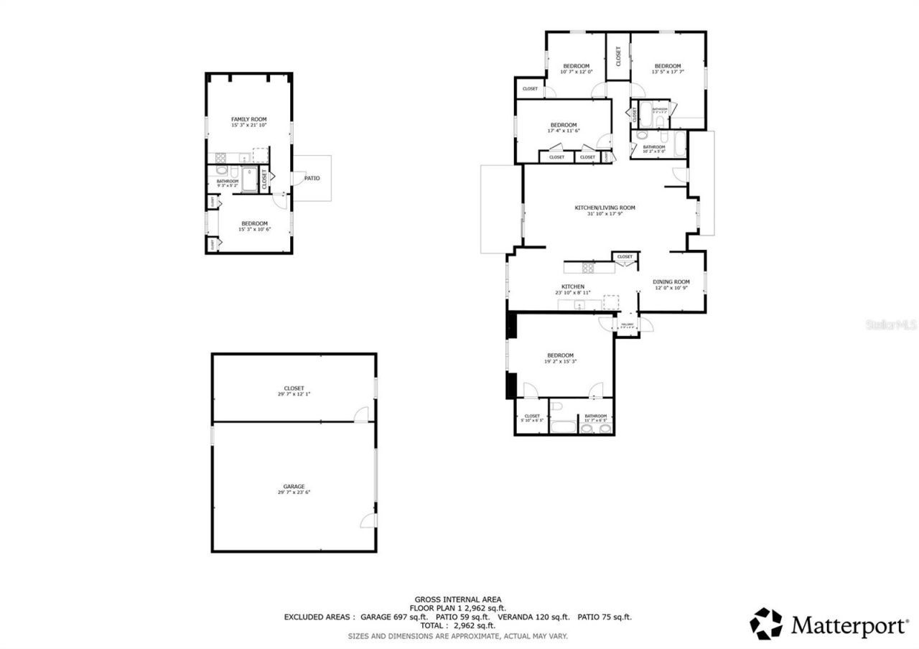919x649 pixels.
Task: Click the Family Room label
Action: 248,119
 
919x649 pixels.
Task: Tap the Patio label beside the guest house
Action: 312,178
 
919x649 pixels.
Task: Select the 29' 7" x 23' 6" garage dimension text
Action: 294,492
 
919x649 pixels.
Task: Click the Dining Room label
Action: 671,282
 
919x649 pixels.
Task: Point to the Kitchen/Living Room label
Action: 605,208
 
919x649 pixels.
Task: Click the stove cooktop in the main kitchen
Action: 587,269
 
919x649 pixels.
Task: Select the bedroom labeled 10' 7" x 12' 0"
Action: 576,66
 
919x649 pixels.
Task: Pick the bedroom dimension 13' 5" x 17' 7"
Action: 667,72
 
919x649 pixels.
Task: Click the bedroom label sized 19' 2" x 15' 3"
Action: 560,355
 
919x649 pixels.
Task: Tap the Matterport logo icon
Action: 766,624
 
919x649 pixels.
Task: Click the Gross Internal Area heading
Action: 457,599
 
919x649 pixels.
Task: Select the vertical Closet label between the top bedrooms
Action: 618,56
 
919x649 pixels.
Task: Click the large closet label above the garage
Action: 294,388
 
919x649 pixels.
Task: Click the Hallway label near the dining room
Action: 627,324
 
